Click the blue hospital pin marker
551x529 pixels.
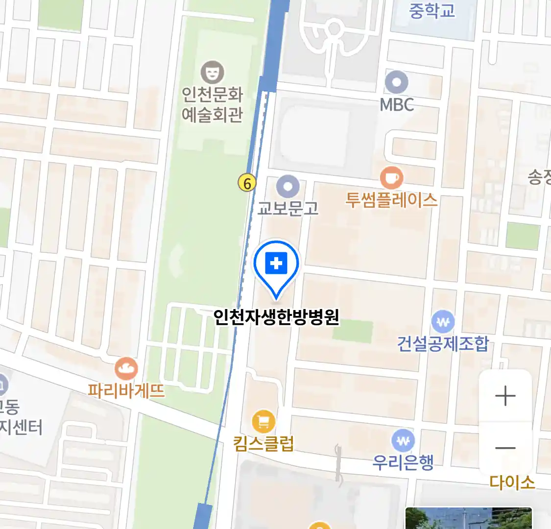[x=276, y=265]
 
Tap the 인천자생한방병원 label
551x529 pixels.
[x=276, y=317]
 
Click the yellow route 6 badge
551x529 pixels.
[x=247, y=183]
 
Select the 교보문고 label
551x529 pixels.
[x=288, y=208]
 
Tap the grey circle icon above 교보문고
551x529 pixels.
[x=288, y=187]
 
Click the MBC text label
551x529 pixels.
[x=397, y=104]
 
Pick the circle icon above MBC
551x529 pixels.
[x=397, y=82]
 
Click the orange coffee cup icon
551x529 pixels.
[x=392, y=177]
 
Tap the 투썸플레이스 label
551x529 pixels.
[x=391, y=200]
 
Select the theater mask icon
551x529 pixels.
[x=213, y=72]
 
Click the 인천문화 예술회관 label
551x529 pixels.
[x=213, y=104]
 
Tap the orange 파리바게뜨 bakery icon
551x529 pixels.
[x=126, y=369]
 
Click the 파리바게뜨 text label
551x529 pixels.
[x=126, y=391]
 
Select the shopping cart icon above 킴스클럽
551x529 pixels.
[x=264, y=421]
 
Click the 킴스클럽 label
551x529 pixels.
[x=264, y=444]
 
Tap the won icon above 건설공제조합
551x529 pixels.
[x=443, y=322]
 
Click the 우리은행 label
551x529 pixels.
[x=403, y=462]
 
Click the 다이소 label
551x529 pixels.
[x=512, y=482]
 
